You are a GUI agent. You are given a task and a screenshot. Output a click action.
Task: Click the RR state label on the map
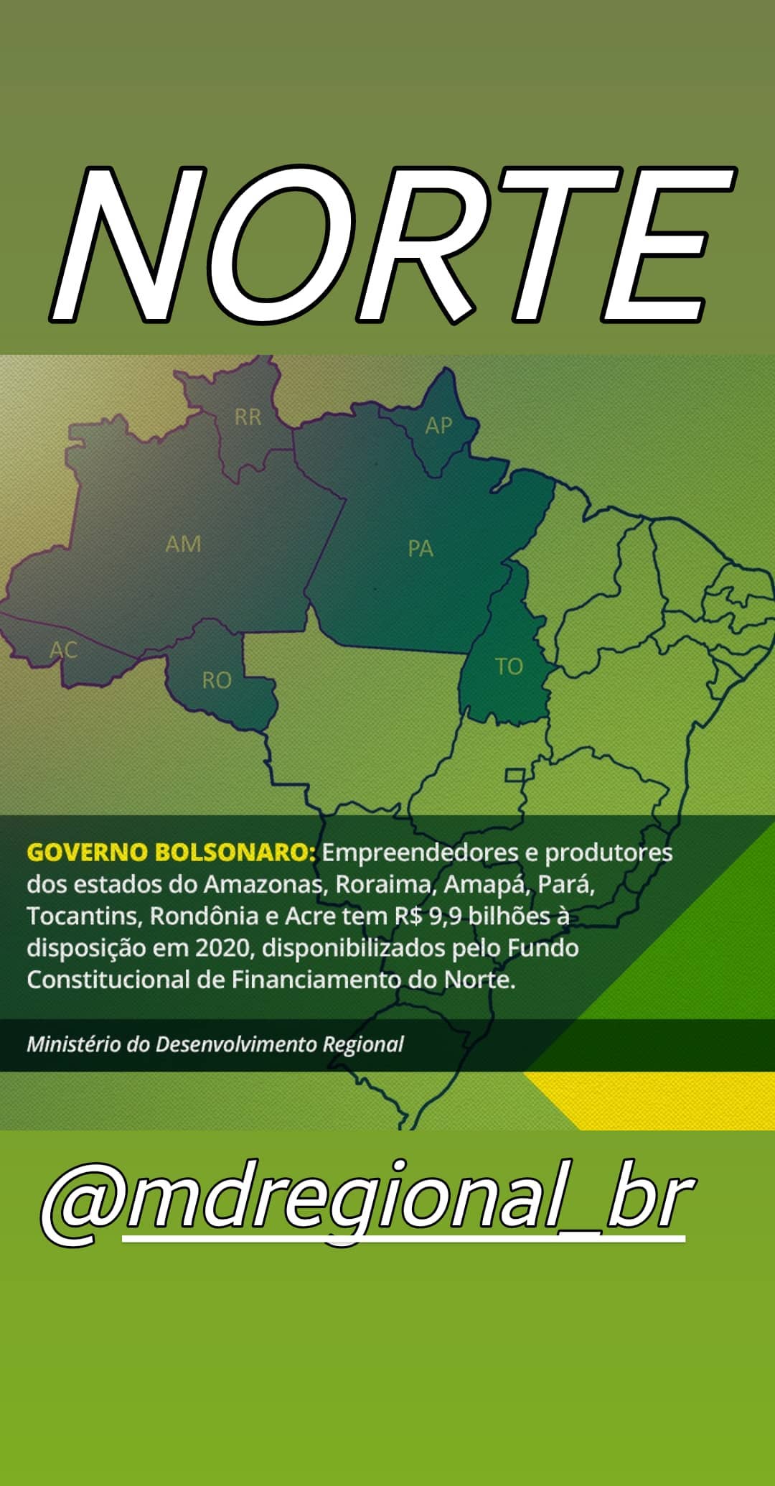pos(248,417)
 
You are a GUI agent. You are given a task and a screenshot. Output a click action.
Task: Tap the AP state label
pos(438,426)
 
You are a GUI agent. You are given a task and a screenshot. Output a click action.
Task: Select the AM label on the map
pos(183,544)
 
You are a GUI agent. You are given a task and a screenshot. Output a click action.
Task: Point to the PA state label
pos(421,549)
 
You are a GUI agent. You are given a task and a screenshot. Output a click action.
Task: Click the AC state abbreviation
pos(63,650)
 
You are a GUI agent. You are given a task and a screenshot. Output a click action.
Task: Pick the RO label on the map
pos(217,680)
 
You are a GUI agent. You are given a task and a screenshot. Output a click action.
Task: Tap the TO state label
pos(509,667)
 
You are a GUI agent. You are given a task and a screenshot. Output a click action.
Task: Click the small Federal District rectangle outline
pos(515,775)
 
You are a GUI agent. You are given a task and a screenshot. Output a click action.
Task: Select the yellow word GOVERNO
pos(87,853)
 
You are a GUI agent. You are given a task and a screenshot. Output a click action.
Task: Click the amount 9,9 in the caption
pos(445,917)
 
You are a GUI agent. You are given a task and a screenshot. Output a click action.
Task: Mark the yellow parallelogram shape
pos(649,1100)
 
